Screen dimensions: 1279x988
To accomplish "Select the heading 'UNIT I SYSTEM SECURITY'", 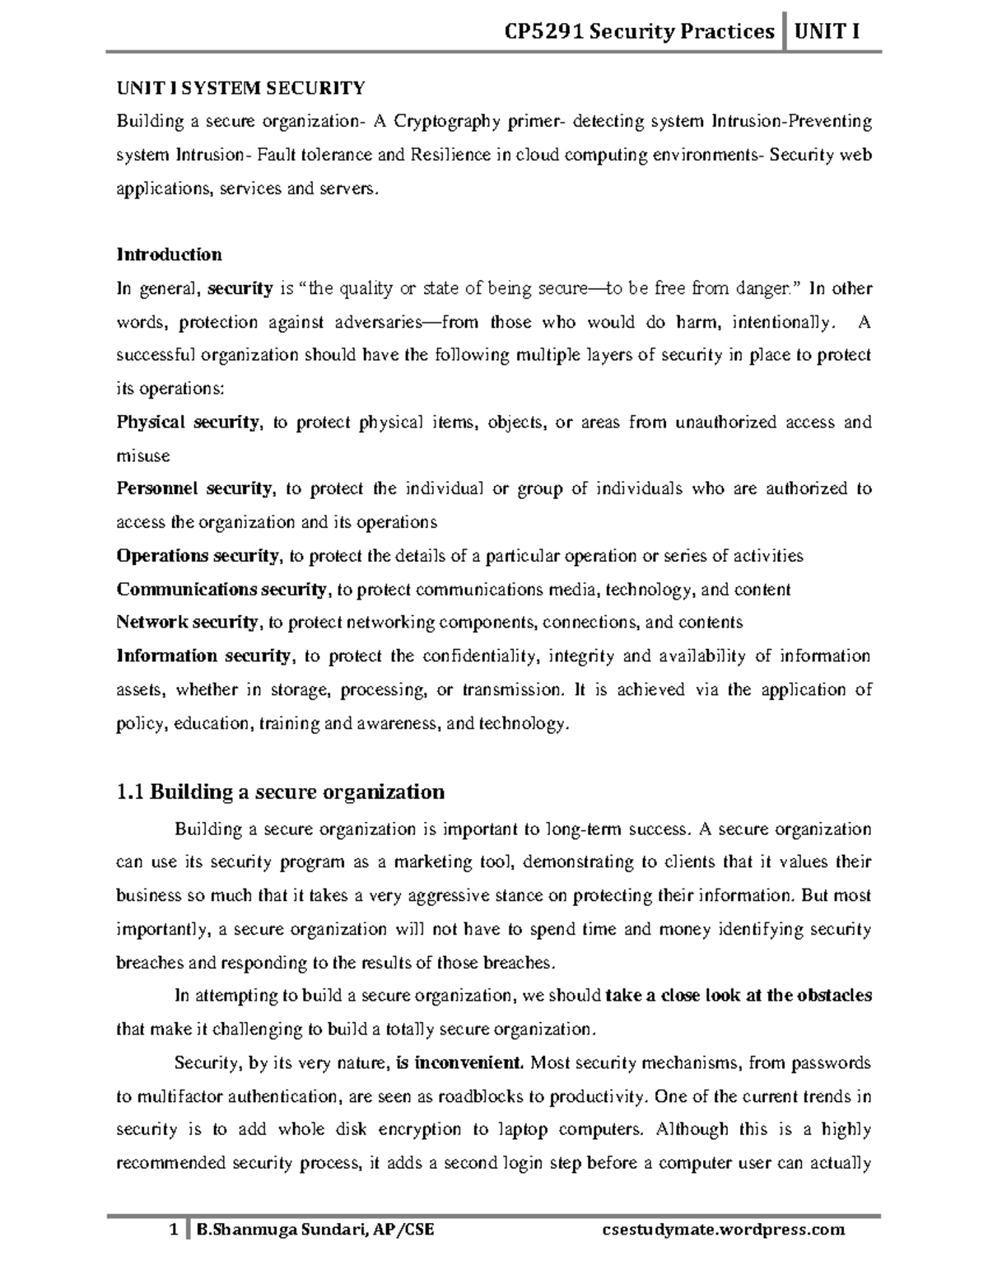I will tap(240, 88).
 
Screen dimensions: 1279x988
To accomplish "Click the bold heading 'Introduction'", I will tap(169, 254).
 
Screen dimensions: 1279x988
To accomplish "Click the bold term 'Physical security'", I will tap(188, 422).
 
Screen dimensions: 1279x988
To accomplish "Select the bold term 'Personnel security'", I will tap(194, 489).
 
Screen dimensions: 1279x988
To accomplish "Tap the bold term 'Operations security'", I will tap(198, 556).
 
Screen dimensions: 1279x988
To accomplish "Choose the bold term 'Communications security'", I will tap(221, 590).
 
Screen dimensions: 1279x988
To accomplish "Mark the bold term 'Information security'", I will tap(203, 656).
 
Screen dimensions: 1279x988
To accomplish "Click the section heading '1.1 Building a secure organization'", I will tap(280, 792).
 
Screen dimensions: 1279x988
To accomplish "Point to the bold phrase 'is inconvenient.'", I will tap(459, 1063).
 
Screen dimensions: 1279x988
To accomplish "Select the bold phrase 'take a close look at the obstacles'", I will tap(738, 996).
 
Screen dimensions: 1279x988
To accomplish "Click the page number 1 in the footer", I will tap(173, 1230).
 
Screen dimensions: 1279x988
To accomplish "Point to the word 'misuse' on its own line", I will tap(143, 456).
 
